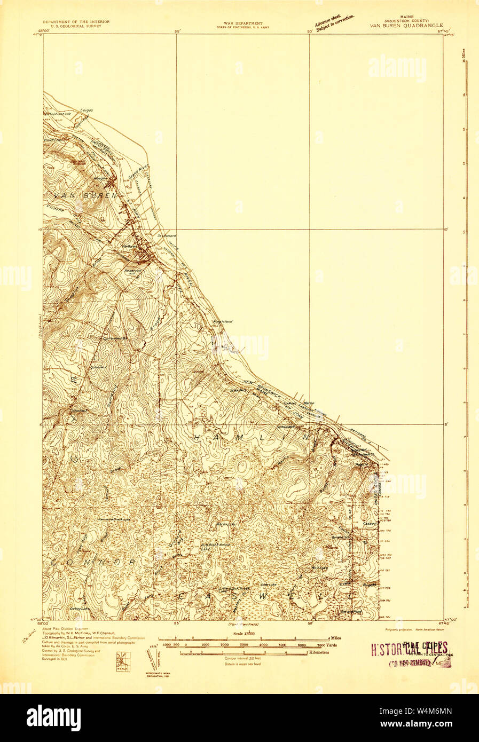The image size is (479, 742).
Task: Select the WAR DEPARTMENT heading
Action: pos(243,23)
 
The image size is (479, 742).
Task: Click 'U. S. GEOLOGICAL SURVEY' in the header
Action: pos(76,25)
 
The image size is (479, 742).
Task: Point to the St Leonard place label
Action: pos(166,235)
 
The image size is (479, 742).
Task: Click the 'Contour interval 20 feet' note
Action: pos(243,658)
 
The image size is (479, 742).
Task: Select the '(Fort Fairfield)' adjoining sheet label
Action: pos(243,624)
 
